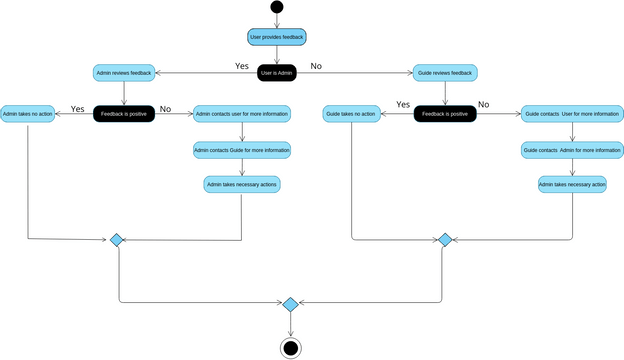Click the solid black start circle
pos(276,8)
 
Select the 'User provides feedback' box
pos(276,37)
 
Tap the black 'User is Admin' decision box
pos(276,73)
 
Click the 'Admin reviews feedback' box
pos(123,73)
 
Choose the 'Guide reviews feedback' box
pos(445,73)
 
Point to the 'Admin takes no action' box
pos(27,114)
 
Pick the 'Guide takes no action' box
pos(351,114)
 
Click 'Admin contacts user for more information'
pos(242,114)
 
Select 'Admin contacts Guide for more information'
pos(242,150)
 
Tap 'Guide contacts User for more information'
pos(571,114)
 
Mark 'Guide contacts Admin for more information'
pos(571,150)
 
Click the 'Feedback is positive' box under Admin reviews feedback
pos(123,114)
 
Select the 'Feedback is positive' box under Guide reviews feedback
pos(445,114)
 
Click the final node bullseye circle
pos(291,347)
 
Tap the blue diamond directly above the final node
pos(291,304)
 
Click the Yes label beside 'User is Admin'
pos(242,66)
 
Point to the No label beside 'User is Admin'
pos(316,66)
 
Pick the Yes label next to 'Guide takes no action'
pos(403,104)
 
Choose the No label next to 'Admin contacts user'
pos(165,108)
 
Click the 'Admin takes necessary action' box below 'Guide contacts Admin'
pos(572,184)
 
